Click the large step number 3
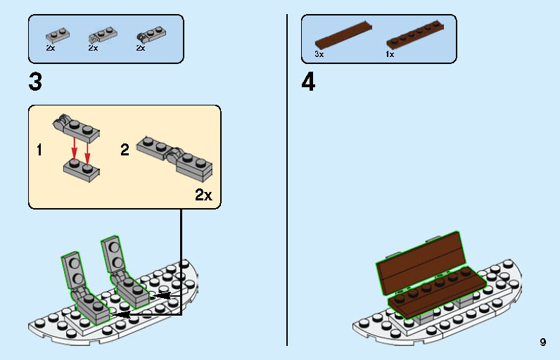click(x=35, y=83)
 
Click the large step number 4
click(x=308, y=83)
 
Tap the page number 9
click(x=542, y=342)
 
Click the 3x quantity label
click(x=319, y=54)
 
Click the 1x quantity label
click(x=390, y=54)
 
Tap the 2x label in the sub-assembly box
click(x=203, y=195)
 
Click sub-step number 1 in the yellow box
click(x=39, y=150)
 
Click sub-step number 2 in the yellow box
click(x=125, y=150)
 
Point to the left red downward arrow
click(x=75, y=147)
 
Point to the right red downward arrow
click(x=87, y=149)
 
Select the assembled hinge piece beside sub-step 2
click(x=176, y=155)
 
